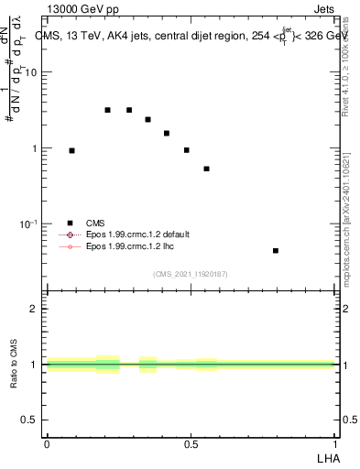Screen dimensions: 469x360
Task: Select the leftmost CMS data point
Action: (x=71, y=150)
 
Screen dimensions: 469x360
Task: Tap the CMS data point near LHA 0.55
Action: (x=207, y=169)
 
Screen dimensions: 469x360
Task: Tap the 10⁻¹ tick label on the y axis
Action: (x=30, y=224)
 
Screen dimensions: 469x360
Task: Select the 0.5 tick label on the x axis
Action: (x=191, y=444)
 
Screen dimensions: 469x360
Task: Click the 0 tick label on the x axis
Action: (x=47, y=444)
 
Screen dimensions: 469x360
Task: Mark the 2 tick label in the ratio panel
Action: (x=34, y=309)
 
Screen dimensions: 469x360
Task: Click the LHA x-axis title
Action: (x=325, y=457)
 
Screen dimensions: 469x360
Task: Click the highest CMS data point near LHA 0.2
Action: (x=107, y=110)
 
